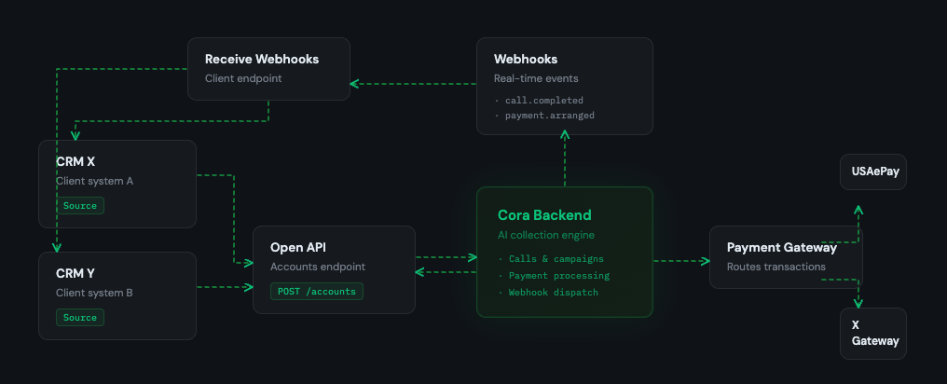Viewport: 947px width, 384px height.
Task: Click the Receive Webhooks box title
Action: (x=262, y=60)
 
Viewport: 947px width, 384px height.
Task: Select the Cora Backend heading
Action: (x=544, y=215)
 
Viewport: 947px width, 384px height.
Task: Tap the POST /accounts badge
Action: (x=317, y=291)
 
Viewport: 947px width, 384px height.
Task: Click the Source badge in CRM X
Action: (x=80, y=205)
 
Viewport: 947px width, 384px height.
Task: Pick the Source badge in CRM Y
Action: (x=80, y=317)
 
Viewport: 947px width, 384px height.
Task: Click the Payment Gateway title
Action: (x=781, y=248)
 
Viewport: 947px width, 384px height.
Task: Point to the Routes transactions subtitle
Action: (x=775, y=267)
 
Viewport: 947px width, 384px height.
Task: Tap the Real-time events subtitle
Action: (x=535, y=78)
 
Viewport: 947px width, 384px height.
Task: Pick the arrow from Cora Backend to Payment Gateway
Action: (x=680, y=261)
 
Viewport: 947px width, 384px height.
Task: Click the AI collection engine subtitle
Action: (x=546, y=235)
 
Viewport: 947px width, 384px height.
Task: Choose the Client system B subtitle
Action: (x=94, y=293)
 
